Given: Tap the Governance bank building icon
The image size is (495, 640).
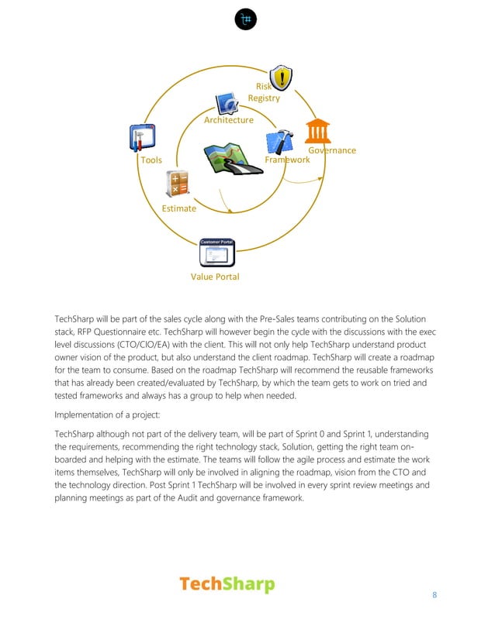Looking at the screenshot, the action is [317, 131].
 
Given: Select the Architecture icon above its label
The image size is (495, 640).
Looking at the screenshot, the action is [228, 103].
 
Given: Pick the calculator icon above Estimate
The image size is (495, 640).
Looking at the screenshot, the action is [178, 185].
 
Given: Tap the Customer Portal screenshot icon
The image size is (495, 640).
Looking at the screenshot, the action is [217, 253].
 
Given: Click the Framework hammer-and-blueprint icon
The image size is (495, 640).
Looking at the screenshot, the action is [279, 142].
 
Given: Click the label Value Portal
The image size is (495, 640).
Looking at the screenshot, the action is [215, 277].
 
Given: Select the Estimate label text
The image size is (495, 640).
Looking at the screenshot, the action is [178, 208].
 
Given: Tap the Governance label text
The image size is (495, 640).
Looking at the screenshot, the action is [332, 150].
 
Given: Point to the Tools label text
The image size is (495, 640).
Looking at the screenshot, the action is [151, 160].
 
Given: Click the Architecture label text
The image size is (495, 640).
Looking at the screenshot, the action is [229, 120].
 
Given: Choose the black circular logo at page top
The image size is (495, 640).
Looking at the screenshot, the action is [247, 19].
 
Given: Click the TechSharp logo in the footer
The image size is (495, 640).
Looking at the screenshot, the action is [227, 584].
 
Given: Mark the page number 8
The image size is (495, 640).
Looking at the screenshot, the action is [434, 595].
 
